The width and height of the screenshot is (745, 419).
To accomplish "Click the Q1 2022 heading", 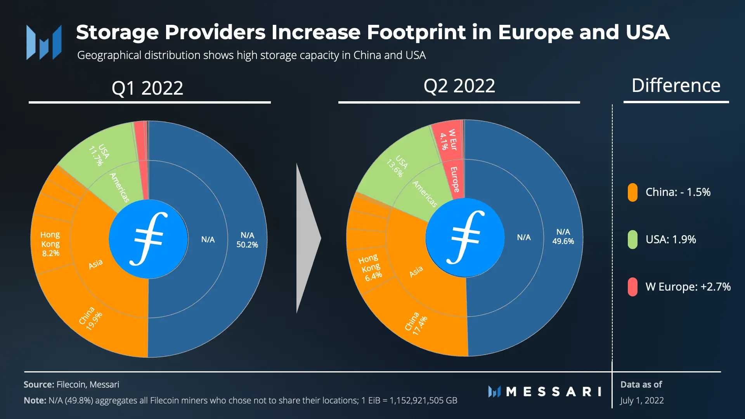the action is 147,88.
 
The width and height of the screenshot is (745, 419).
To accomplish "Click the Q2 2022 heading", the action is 459,86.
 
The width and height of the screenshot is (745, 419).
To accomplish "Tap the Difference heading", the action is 676,85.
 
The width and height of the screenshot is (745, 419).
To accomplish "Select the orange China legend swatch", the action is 632,192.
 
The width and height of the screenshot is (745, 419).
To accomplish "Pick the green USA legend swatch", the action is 632,240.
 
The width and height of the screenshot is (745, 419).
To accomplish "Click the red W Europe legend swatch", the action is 632,287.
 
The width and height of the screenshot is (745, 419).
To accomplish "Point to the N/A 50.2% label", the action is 247,240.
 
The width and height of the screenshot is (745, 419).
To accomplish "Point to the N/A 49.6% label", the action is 563,236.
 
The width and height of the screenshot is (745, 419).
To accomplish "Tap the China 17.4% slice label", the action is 416,324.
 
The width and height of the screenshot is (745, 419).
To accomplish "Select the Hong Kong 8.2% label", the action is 50,244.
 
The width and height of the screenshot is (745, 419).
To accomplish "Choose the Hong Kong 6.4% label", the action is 371,268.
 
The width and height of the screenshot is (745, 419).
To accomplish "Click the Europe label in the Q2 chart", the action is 454,180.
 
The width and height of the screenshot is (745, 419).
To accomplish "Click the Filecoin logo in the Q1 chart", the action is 148,239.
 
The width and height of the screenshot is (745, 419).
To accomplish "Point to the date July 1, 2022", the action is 642,400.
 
